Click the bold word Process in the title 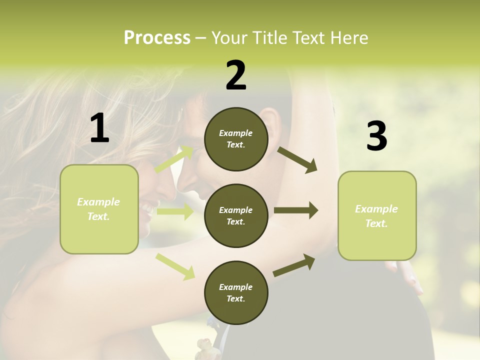(x=157, y=38)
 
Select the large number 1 (x=99, y=128)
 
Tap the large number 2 (x=236, y=75)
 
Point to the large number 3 (x=376, y=136)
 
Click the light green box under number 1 (x=99, y=209)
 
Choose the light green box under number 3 (x=377, y=215)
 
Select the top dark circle (x=236, y=139)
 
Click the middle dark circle (x=236, y=215)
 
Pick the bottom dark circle (x=236, y=292)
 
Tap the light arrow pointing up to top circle (x=174, y=159)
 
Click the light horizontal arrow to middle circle (x=174, y=211)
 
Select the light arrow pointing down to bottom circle (x=175, y=266)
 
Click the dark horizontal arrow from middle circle (x=296, y=210)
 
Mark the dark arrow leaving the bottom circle (x=294, y=265)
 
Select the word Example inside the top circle (x=236, y=133)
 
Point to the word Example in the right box (x=376, y=209)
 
